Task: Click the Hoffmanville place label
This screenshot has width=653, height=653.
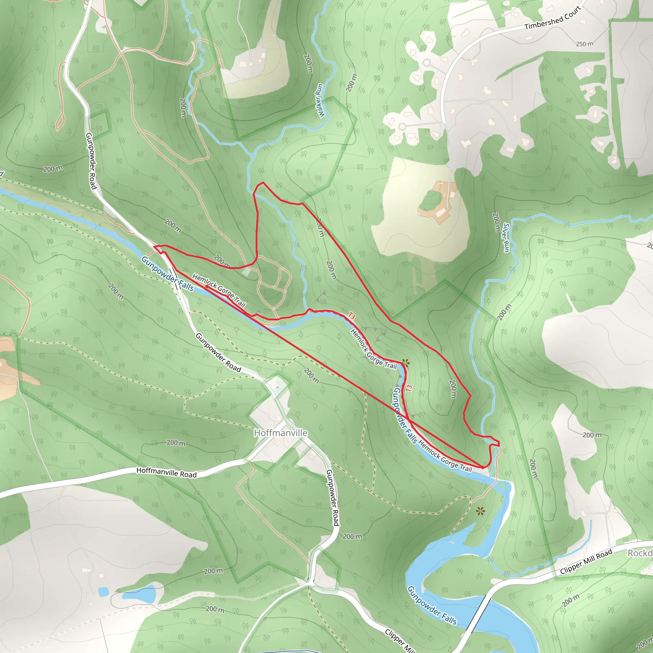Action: [x=281, y=433]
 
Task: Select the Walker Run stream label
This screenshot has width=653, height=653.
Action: [x=319, y=101]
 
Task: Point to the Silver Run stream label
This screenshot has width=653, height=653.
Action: [x=506, y=237]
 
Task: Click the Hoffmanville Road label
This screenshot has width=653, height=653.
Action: [x=166, y=472]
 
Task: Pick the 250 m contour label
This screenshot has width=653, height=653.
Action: [x=584, y=44]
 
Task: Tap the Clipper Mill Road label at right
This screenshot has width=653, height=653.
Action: [x=586, y=561]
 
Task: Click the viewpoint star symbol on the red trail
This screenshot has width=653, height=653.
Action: [x=406, y=363]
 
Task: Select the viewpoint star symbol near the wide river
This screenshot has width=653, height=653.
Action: [x=480, y=511]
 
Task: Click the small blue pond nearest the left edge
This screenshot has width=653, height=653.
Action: [x=103, y=591]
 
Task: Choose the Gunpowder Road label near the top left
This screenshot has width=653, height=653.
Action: [x=91, y=161]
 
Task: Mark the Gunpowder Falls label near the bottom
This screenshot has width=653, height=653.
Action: [x=432, y=605]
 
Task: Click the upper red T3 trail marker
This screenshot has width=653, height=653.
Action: [x=351, y=316]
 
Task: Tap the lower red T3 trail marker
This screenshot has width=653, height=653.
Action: [x=409, y=388]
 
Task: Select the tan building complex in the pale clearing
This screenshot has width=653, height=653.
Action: [x=436, y=202]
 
